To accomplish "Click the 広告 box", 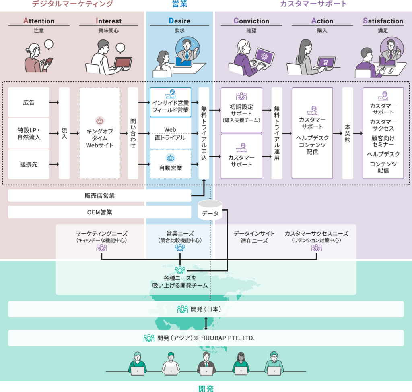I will pyautogui.click(x=29, y=102).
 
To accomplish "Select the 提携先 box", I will pyautogui.click(x=29, y=164).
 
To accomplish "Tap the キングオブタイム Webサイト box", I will pyautogui.click(x=100, y=133).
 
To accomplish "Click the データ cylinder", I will pyautogui.click(x=210, y=210).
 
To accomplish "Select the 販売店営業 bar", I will pyautogui.click(x=99, y=196).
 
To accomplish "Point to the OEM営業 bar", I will pyautogui.click(x=99, y=212).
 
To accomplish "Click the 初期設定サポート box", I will pyautogui.click(x=241, y=110).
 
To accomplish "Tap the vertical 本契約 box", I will pyautogui.click(x=348, y=133).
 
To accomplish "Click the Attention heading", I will pyautogui.click(x=39, y=21).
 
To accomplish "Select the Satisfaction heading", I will pyautogui.click(x=383, y=21).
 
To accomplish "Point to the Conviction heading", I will pyautogui.click(x=251, y=21).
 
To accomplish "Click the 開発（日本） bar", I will pyautogui.click(x=206, y=309).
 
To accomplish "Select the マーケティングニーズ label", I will pyautogui.click(x=101, y=234).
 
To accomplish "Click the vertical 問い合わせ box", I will pyautogui.click(x=133, y=133).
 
